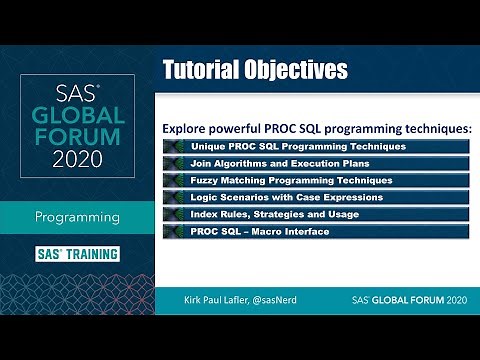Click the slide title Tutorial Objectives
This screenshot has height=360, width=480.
click(254, 69)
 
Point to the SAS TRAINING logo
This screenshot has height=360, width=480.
click(76, 253)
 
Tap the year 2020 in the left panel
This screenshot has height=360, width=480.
click(76, 158)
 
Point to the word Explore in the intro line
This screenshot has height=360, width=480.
click(187, 129)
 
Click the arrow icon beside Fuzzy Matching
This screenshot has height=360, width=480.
click(174, 180)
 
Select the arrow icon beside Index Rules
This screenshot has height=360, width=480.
click(174, 214)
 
